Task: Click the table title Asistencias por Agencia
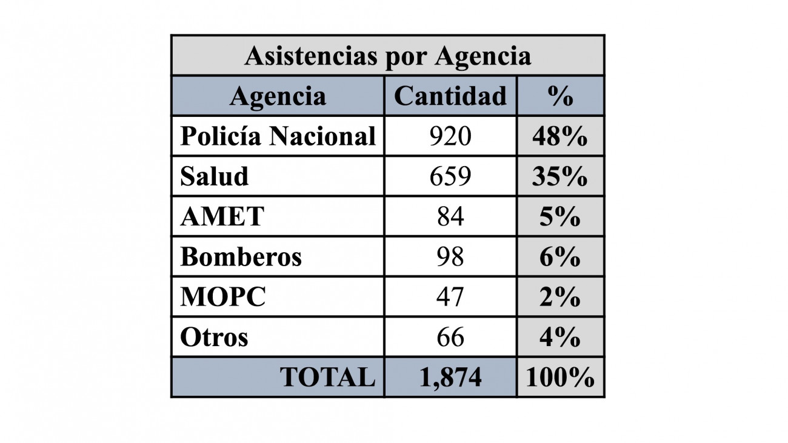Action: [x=387, y=56]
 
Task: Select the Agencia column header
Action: [x=278, y=96]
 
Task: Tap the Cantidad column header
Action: [x=450, y=96]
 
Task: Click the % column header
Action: [x=560, y=96]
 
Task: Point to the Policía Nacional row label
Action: [x=278, y=136]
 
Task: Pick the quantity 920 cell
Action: [x=450, y=136]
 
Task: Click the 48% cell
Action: [x=560, y=136]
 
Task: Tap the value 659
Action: [x=450, y=176]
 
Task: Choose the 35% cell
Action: [x=560, y=176]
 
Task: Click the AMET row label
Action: [x=222, y=216]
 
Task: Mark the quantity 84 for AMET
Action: [x=450, y=216]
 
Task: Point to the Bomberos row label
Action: [x=241, y=256]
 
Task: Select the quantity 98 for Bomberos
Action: [x=450, y=256]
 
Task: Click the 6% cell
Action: [x=560, y=256]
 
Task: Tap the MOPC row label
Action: [x=223, y=297]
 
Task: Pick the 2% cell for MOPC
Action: [x=560, y=297]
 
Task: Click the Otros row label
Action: [x=214, y=337]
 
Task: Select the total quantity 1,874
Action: [x=450, y=378]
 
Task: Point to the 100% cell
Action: [x=560, y=378]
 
